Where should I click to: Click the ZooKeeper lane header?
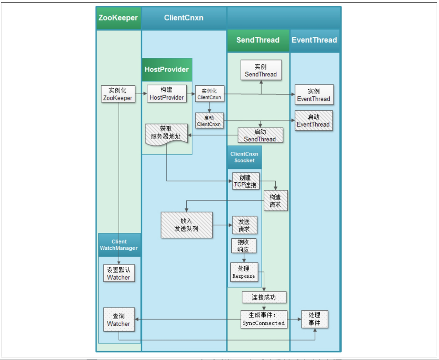pyautogui.click(x=118, y=18)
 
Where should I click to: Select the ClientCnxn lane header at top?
pyautogui.click(x=183, y=18)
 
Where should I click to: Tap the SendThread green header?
pyautogui.click(x=258, y=40)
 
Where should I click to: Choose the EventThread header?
pyautogui.click(x=314, y=40)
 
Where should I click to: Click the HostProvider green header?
pyautogui.click(x=167, y=69)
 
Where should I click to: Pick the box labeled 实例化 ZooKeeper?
pyautogui.click(x=118, y=94)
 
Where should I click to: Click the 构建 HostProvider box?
pyautogui.click(x=167, y=94)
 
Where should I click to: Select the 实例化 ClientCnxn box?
pyautogui.click(x=209, y=94)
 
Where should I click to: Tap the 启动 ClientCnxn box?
pyautogui.click(x=209, y=120)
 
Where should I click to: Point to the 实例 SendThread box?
pyautogui.click(x=261, y=71)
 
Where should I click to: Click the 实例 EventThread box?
pyautogui.click(x=314, y=95)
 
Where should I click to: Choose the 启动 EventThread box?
pyautogui.click(x=314, y=120)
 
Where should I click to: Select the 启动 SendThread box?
pyautogui.click(x=260, y=136)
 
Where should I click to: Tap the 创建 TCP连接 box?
pyautogui.click(x=246, y=181)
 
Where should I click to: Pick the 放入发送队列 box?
pyautogui.click(x=186, y=224)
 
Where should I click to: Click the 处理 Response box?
pyautogui.click(x=244, y=272)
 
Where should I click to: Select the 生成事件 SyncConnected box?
pyautogui.click(x=263, y=319)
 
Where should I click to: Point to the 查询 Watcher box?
pyautogui.click(x=119, y=320)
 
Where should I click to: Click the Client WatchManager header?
pyautogui.click(x=119, y=245)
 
